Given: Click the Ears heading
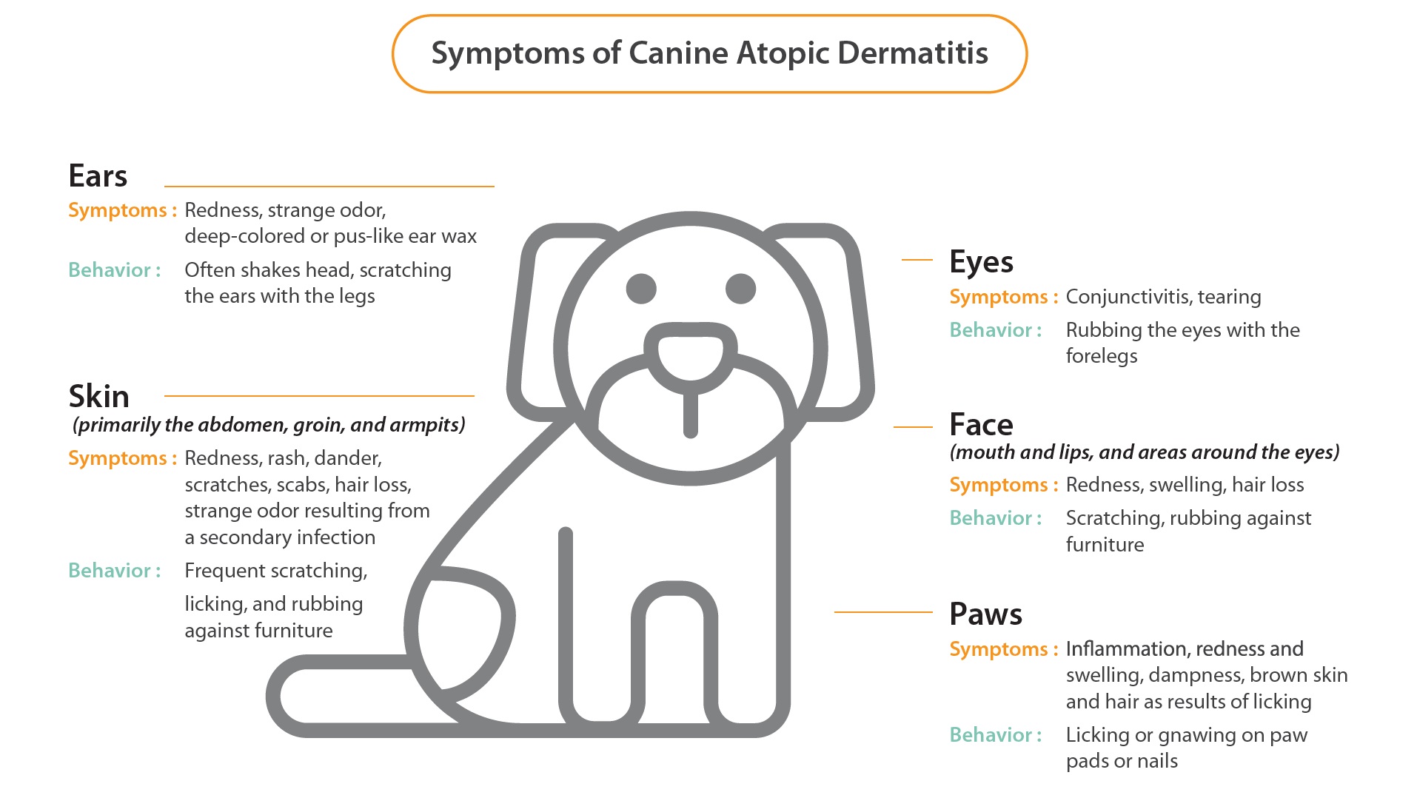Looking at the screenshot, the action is pos(98,176).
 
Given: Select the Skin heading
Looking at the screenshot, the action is pos(98,397).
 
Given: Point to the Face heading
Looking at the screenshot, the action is pos(981,425).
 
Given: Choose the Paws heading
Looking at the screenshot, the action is pos(985,614).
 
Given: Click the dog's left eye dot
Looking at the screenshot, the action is pos(641,289).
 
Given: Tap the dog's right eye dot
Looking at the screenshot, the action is pos(740,289).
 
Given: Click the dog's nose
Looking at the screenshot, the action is pos(690,354).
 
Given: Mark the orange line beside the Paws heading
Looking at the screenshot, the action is pos(883,612).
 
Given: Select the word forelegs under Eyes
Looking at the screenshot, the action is pos(1102,357).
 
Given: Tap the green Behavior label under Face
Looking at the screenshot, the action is pos(996,518).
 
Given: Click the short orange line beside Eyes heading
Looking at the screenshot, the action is pos(917,260).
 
